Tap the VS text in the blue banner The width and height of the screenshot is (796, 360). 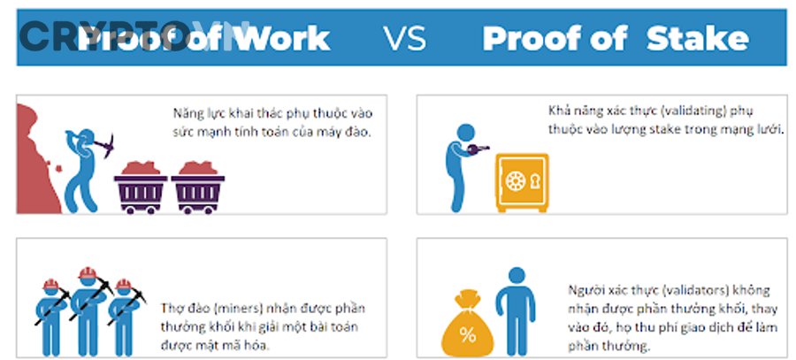404,39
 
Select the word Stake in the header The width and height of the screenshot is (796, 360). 698,39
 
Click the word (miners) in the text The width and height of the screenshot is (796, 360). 234,309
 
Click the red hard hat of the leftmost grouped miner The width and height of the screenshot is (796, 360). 51,286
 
